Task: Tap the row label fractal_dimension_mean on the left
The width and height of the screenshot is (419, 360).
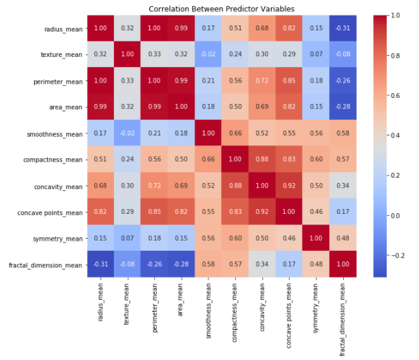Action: pos(45,265)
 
